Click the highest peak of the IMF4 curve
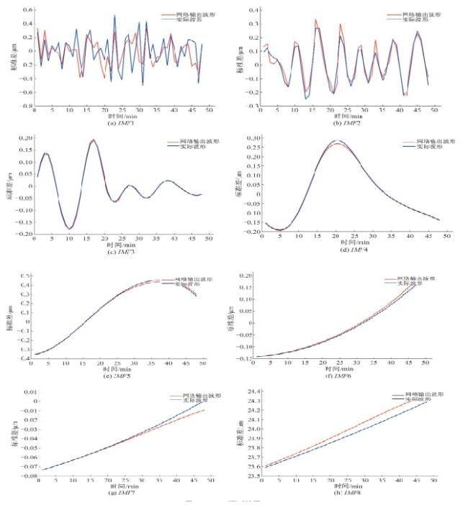point(336,142)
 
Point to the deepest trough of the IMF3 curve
point(71,229)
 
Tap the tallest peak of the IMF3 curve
point(94,140)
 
